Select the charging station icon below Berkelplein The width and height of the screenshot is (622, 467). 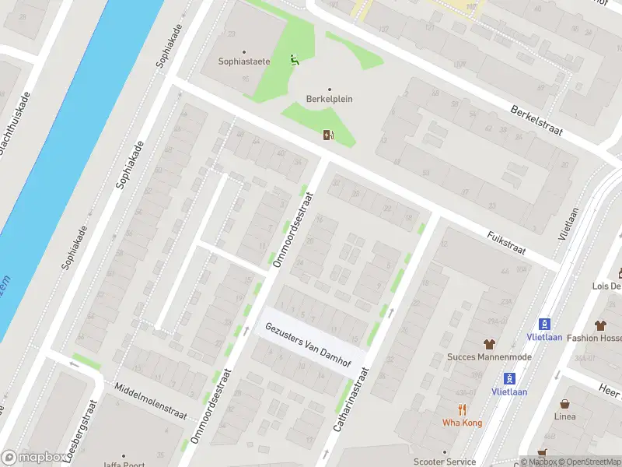click(329, 135)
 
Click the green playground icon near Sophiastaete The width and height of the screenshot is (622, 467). click(293, 59)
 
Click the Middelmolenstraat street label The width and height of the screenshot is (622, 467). click(150, 400)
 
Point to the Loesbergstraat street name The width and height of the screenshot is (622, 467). click(91, 430)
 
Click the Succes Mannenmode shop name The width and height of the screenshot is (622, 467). click(488, 357)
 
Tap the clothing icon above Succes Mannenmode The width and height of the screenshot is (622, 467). click(489, 343)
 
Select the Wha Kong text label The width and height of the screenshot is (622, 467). click(462, 423)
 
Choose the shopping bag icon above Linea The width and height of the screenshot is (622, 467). click(564, 403)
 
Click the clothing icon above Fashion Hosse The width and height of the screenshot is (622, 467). click(600, 325)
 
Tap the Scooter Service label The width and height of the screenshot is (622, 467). click(445, 461)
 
